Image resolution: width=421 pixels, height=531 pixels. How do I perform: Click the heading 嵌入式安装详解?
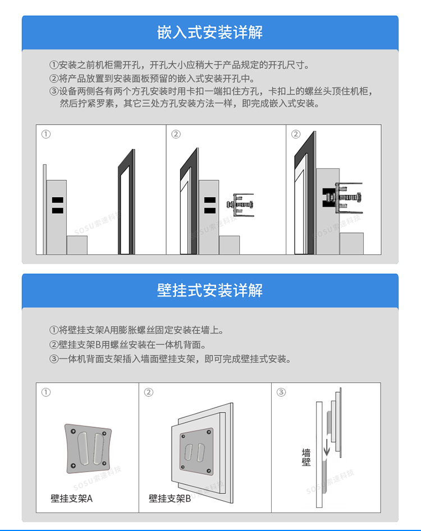[210, 33]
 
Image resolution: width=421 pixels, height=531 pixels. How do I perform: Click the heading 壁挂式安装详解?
[210, 290]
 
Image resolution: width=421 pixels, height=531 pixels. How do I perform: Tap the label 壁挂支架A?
[71, 498]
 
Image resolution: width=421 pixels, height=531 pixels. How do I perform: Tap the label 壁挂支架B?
[170, 498]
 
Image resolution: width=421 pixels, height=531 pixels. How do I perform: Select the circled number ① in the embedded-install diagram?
[46, 134]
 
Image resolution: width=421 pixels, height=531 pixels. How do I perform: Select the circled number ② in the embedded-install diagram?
[176, 134]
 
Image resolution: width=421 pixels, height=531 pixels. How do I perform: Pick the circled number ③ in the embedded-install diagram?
[296, 134]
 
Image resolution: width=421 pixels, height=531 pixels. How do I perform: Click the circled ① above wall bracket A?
[46, 392]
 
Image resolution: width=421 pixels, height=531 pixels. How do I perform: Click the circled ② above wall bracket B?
[149, 392]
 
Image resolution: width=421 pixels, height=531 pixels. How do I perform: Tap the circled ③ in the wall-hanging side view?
[281, 392]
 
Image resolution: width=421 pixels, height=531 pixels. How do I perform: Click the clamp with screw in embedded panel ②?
[240, 206]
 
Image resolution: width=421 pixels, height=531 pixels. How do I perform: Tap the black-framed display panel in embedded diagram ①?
[126, 202]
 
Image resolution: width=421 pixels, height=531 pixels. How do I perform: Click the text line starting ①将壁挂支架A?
[138, 331]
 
